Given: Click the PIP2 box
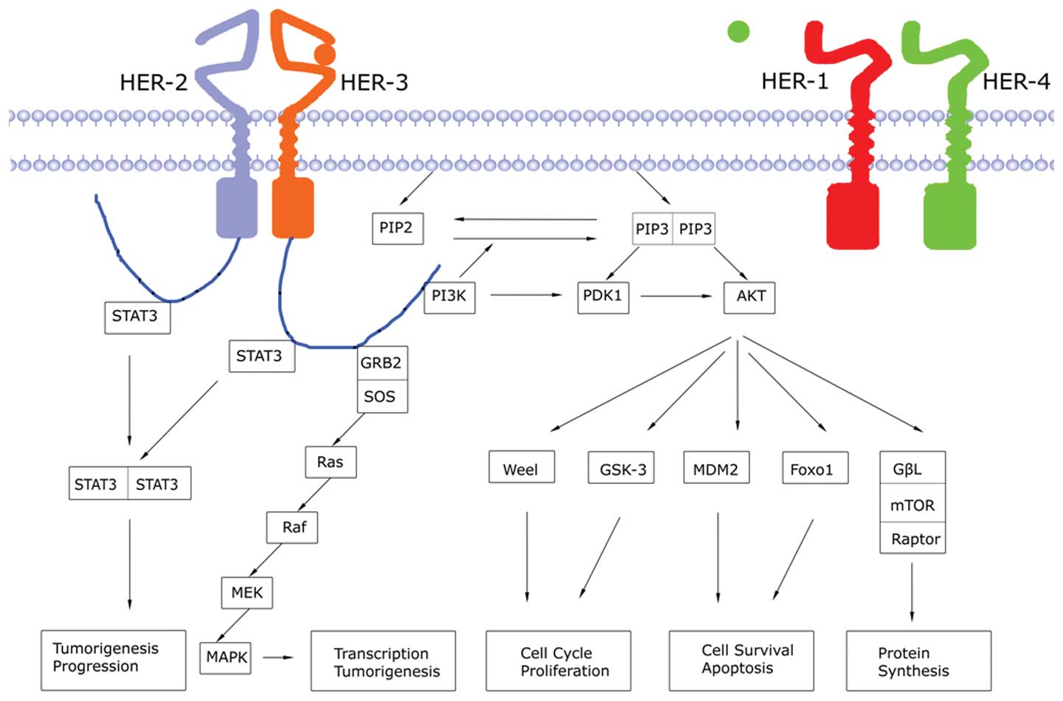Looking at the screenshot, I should (x=397, y=227).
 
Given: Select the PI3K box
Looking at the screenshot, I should (x=449, y=296).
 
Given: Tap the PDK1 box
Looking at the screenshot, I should (x=603, y=296).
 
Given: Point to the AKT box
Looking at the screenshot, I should (x=749, y=297).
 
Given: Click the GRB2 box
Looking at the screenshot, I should (x=381, y=363).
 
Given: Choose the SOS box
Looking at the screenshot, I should (x=381, y=396).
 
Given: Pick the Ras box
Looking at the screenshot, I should (x=330, y=462).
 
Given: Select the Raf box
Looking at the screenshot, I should (x=293, y=527).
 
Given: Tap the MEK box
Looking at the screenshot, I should (x=247, y=593).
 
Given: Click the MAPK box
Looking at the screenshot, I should (x=226, y=657).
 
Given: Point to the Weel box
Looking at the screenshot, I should (x=521, y=469).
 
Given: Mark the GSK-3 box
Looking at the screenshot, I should (x=622, y=469).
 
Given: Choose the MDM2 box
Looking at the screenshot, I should (x=716, y=469).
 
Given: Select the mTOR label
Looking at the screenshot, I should (x=913, y=505).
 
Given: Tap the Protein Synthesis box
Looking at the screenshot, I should (x=918, y=661).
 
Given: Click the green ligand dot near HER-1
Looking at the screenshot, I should (x=738, y=31).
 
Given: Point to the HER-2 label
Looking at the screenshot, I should (x=153, y=82).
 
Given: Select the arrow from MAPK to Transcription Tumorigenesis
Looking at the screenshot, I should (x=279, y=657).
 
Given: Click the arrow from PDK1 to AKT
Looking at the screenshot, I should (x=676, y=296).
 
